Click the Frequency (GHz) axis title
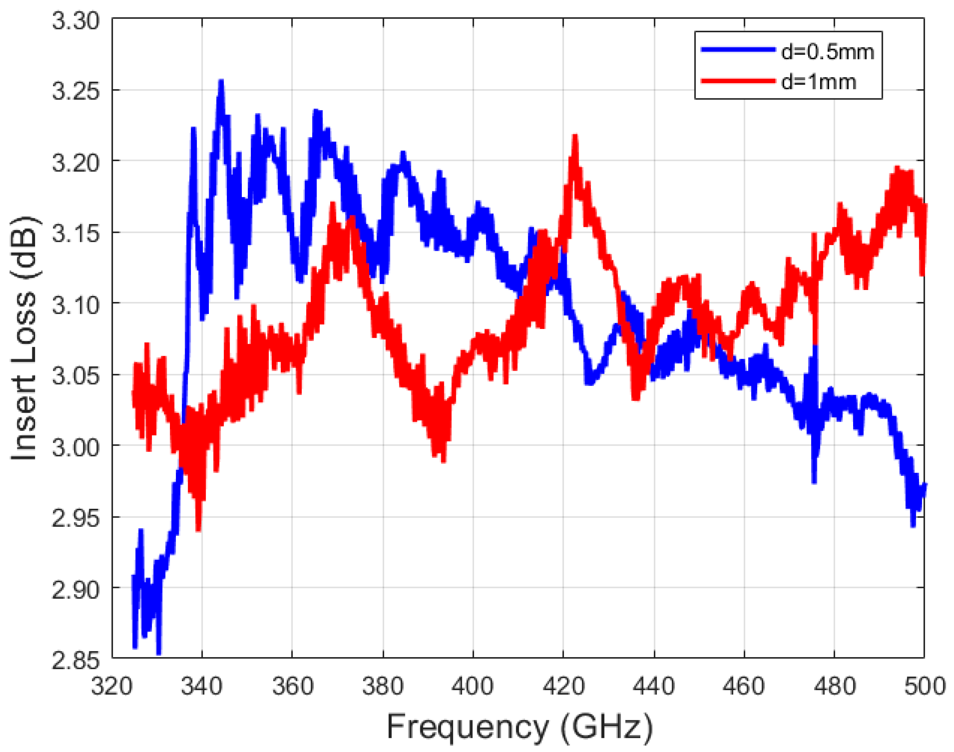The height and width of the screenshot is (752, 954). coord(520,727)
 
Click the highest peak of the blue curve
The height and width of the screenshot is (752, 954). coord(221,81)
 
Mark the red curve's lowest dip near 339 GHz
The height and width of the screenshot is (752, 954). coord(199,530)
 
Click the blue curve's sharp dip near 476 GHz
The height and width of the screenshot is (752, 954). coord(814,482)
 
